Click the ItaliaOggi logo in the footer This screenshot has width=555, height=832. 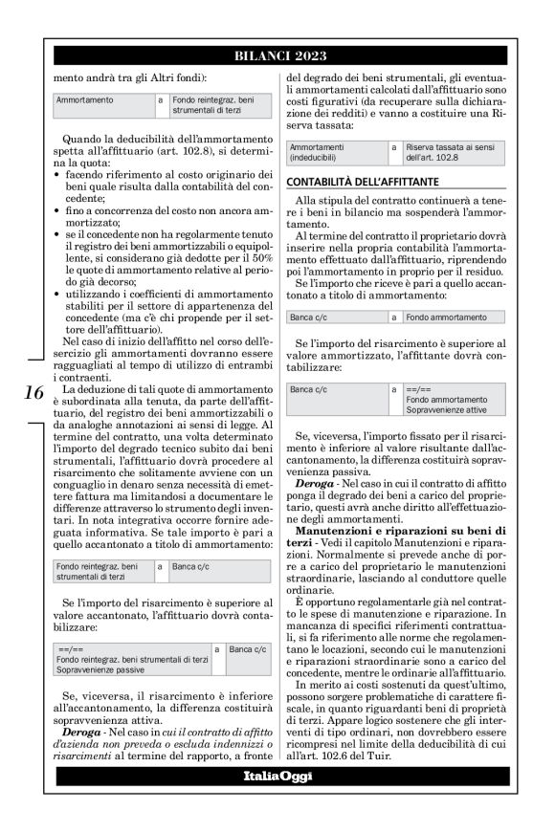pyautogui.click(x=277, y=776)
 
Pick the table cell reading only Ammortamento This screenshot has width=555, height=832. pyautogui.click(x=85, y=99)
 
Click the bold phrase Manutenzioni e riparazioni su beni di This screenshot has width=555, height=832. pyautogui.click(x=402, y=530)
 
